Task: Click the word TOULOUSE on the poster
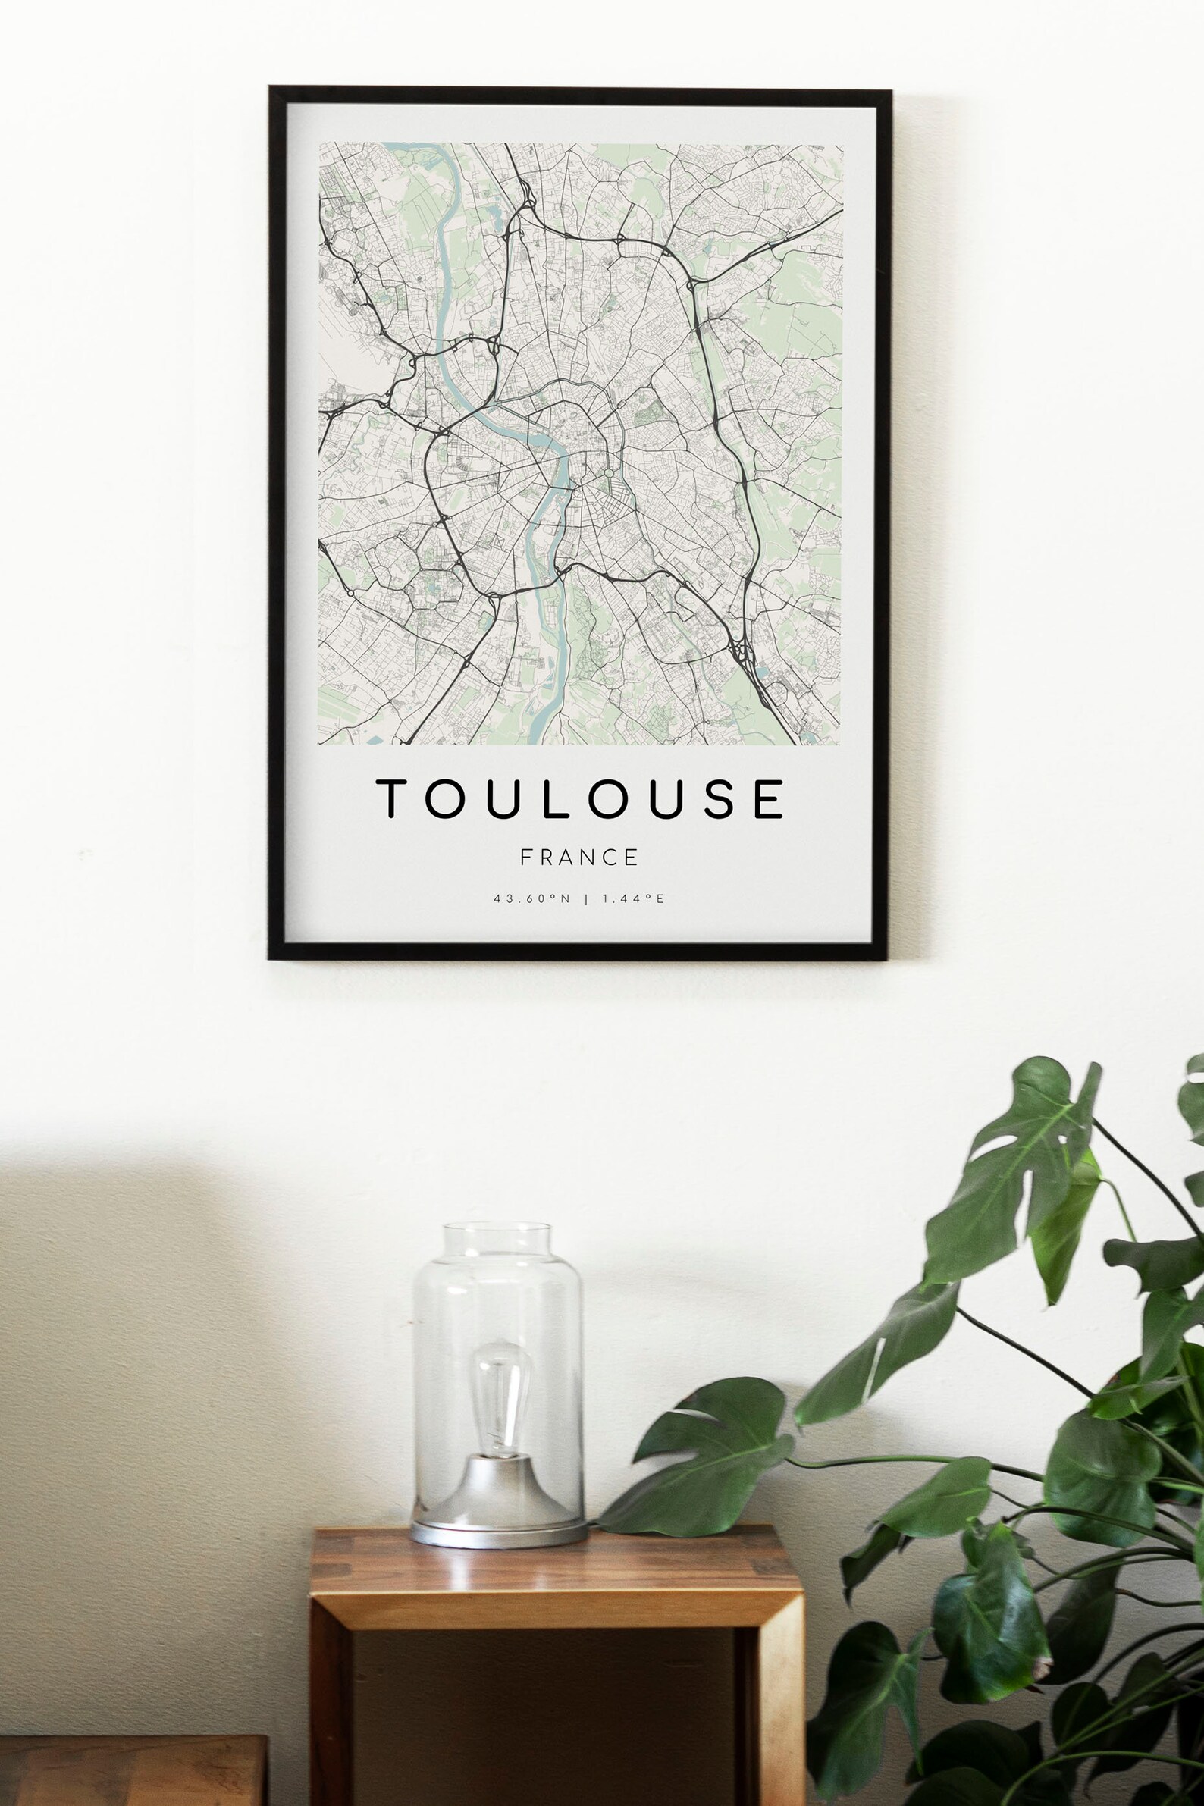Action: (580, 798)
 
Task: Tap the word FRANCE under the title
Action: (580, 857)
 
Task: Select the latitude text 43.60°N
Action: (532, 898)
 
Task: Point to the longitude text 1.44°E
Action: (633, 898)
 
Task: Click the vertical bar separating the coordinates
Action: (587, 898)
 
